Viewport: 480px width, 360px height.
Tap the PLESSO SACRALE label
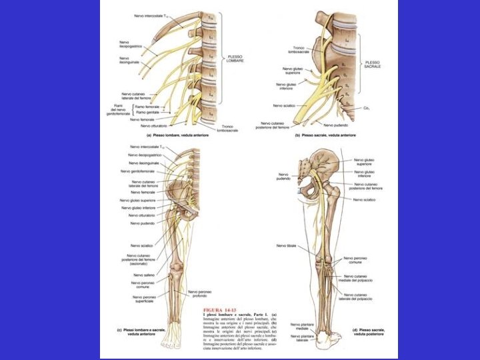[x=372, y=65]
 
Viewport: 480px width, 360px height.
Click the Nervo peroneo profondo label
[x=200, y=294]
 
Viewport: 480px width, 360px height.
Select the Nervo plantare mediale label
[x=301, y=327]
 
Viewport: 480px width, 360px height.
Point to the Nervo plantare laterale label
[x=301, y=339]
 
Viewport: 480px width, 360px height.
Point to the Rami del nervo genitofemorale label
[x=120, y=109]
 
